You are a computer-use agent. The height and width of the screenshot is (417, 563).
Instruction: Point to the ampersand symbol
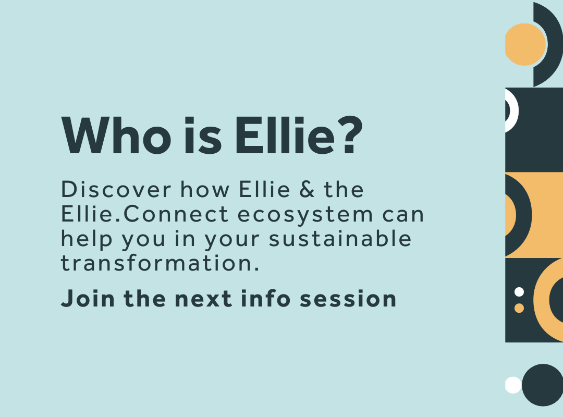[307, 190]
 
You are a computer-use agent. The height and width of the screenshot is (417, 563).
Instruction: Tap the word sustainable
[340, 239]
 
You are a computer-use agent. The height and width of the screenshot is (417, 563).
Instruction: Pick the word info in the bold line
[264, 299]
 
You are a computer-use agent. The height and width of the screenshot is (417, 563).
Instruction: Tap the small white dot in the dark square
[519, 292]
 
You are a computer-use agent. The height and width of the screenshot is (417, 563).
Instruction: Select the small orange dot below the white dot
[519, 308]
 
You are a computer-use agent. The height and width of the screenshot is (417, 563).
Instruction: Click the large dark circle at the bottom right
[543, 385]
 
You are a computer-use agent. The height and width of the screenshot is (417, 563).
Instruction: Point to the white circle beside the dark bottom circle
[513, 385]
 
